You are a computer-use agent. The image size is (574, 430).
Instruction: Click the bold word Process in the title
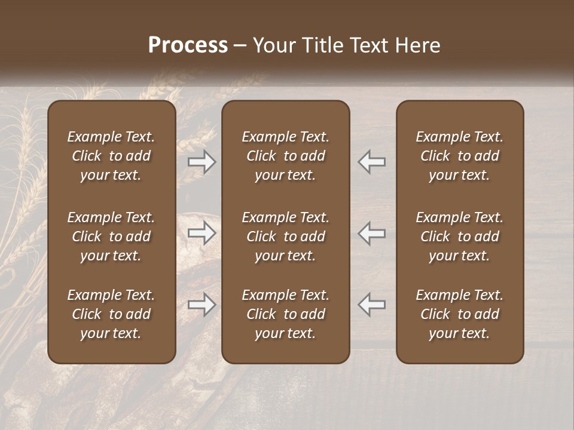pyautogui.click(x=188, y=45)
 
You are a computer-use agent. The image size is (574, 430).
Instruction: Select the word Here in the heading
pyautogui.click(x=417, y=45)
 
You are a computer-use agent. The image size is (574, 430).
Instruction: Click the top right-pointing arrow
pyautogui.click(x=201, y=162)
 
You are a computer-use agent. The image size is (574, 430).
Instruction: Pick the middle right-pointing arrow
pyautogui.click(x=201, y=234)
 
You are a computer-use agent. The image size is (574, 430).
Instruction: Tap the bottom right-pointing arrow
pyautogui.click(x=201, y=305)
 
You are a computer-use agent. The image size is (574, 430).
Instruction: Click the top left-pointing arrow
pyautogui.click(x=371, y=162)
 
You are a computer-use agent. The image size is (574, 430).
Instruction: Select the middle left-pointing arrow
pyautogui.click(x=371, y=234)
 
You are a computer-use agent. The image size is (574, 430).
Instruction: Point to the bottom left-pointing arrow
pyautogui.click(x=371, y=305)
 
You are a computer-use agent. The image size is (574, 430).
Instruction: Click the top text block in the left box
pyautogui.click(x=111, y=156)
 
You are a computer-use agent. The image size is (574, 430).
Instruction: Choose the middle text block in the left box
pyautogui.click(x=111, y=236)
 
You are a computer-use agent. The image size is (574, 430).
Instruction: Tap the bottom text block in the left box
pyautogui.click(x=111, y=314)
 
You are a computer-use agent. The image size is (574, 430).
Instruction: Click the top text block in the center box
pyautogui.click(x=285, y=156)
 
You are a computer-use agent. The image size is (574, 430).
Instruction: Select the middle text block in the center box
pyautogui.click(x=285, y=236)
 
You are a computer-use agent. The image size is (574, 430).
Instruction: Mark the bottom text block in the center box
pyautogui.click(x=285, y=314)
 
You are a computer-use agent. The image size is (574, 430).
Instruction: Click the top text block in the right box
pyautogui.click(x=459, y=156)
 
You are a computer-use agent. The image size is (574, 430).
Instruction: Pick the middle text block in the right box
pyautogui.click(x=459, y=236)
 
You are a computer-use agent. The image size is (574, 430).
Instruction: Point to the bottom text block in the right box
pyautogui.click(x=459, y=314)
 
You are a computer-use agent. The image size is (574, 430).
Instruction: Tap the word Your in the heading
pyautogui.click(x=272, y=45)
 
